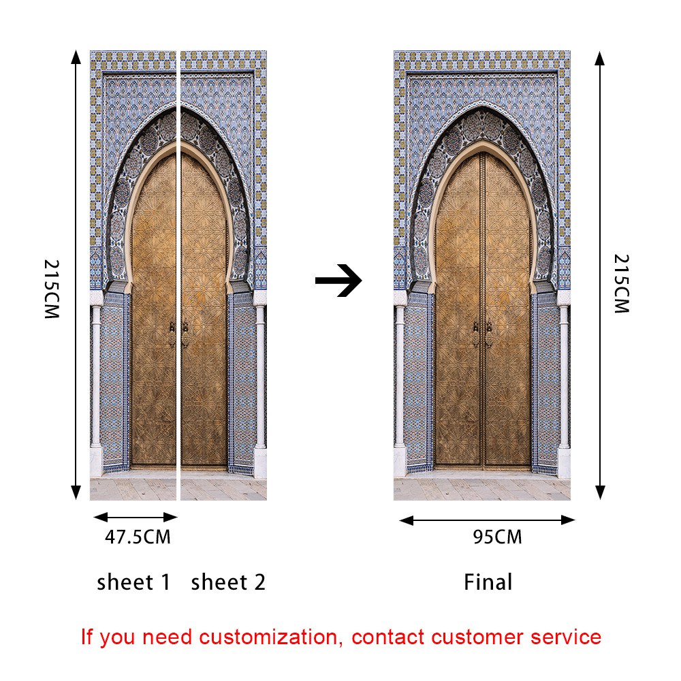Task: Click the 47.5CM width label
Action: [x=138, y=537]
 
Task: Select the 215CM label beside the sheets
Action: [x=52, y=289]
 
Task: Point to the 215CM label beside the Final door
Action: [x=620, y=283]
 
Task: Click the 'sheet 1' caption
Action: [x=133, y=583]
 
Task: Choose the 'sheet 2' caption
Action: [x=228, y=583]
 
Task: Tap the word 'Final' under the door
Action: [x=488, y=583]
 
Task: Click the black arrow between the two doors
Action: [x=338, y=281]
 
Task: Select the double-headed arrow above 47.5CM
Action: [x=134, y=517]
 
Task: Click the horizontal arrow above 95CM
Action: [x=487, y=520]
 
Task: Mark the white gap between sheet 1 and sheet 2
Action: [x=178, y=272]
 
